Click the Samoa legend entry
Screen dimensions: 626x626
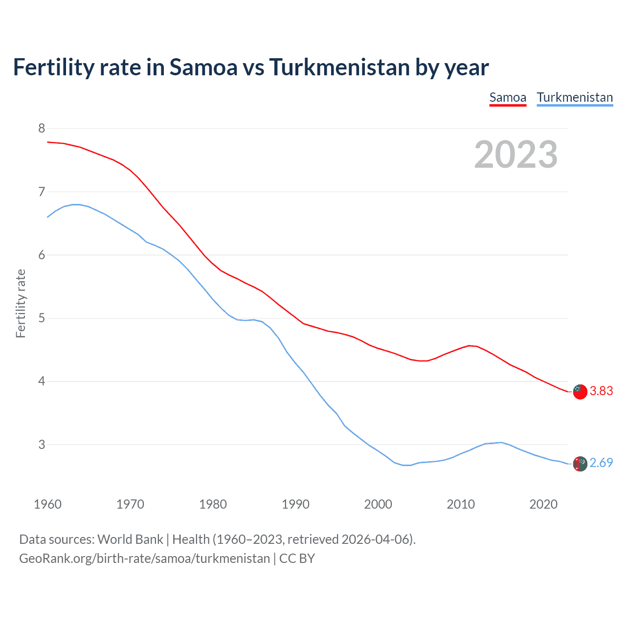point(508,97)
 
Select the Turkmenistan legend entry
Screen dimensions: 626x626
point(575,97)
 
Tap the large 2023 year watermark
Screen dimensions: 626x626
point(516,155)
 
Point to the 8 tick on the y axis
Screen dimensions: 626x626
point(42,128)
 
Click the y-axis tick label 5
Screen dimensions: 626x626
point(42,318)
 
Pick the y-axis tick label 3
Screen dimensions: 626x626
point(42,445)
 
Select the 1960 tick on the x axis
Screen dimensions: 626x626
point(47,504)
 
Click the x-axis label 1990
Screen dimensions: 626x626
point(295,504)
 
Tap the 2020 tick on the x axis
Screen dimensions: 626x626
point(543,504)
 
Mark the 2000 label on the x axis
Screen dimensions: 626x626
point(378,504)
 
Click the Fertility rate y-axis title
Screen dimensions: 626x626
point(21,303)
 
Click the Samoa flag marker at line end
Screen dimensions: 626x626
point(580,391)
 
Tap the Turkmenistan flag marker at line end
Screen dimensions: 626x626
point(580,463)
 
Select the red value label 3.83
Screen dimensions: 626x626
point(601,391)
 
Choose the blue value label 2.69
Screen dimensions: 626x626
point(601,463)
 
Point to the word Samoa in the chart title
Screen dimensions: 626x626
point(203,67)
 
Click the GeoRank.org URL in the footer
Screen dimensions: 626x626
point(144,558)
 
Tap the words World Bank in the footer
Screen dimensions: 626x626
point(130,539)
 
